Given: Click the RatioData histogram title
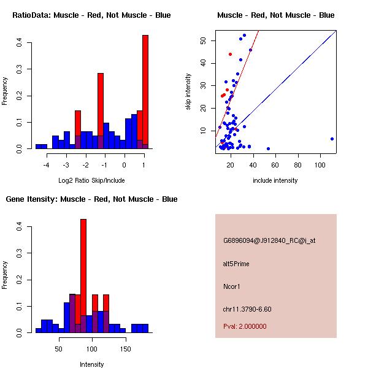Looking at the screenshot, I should [x=91, y=15].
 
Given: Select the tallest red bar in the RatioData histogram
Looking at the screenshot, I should [x=145, y=92].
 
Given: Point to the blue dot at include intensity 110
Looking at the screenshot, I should [x=332, y=139].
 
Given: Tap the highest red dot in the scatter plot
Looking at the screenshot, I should [x=230, y=54].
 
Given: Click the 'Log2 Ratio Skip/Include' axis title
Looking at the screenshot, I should [x=91, y=180].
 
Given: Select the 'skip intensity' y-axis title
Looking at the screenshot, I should [x=188, y=92].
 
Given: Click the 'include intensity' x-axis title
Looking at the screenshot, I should [x=275, y=180].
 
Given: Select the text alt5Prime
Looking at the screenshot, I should [x=236, y=264].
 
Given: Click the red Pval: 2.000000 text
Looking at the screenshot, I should [x=245, y=326].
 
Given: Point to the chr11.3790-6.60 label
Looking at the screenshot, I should [x=247, y=309].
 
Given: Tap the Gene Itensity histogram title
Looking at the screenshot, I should [x=91, y=199].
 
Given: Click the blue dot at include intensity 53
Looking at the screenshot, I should [x=268, y=148].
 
